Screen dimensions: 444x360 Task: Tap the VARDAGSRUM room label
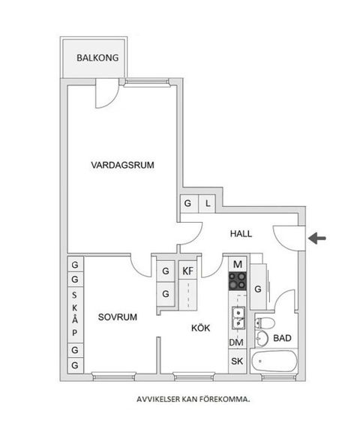[x=122, y=166]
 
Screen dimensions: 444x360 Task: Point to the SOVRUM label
[x=118, y=317]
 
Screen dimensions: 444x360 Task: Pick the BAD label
[x=282, y=338]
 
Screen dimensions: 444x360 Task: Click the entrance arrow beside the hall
[x=318, y=238]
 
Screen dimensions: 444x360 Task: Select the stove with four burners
[x=238, y=281]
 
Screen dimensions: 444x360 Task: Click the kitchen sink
[x=237, y=317]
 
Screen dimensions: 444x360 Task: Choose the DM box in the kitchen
[x=237, y=342]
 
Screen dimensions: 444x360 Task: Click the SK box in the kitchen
[x=237, y=361]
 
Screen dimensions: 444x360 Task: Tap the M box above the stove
[x=238, y=264]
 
